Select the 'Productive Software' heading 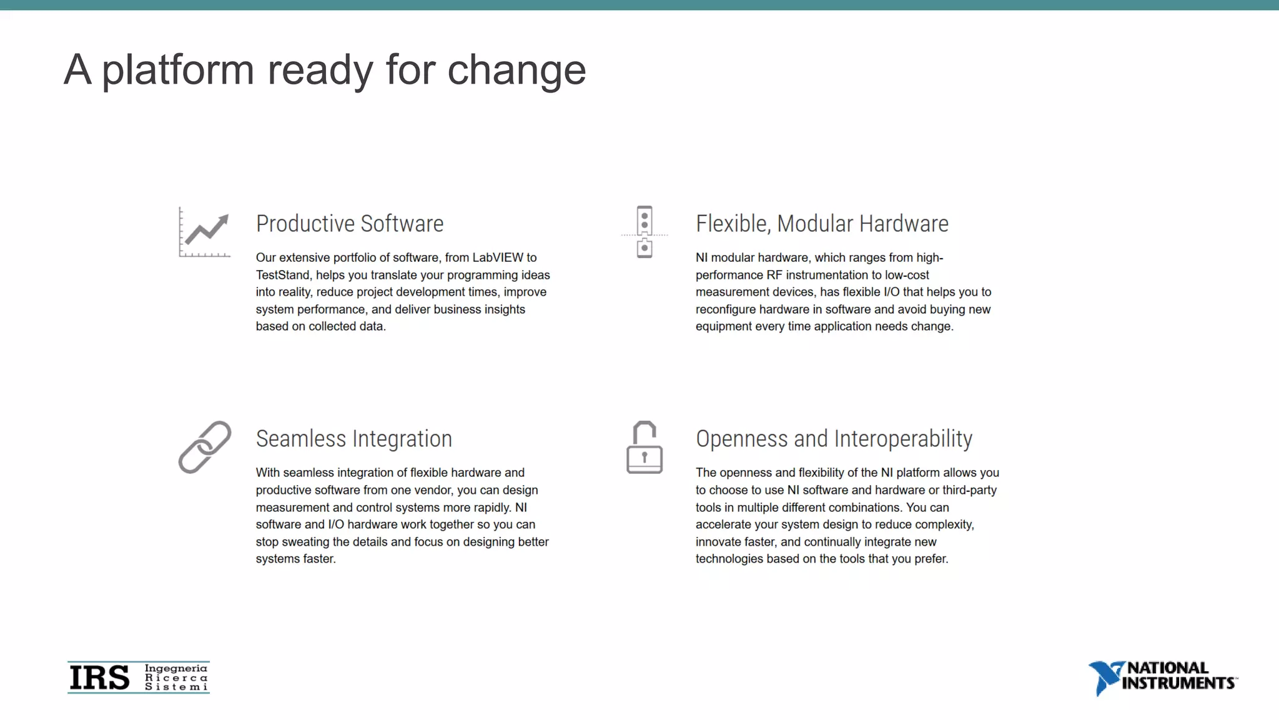pyautogui.click(x=350, y=224)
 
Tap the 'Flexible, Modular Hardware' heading pyautogui.click(x=822, y=224)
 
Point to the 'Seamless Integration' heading pyautogui.click(x=353, y=439)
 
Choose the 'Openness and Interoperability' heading pyautogui.click(x=834, y=439)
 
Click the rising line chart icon pyautogui.click(x=204, y=232)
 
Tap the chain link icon pyautogui.click(x=204, y=447)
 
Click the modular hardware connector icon pyautogui.click(x=644, y=232)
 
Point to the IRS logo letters pyautogui.click(x=100, y=677)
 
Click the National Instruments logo pyautogui.click(x=1163, y=677)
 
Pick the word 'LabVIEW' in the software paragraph pyautogui.click(x=498, y=257)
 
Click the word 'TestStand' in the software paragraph pyautogui.click(x=282, y=275)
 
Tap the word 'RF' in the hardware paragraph pyautogui.click(x=774, y=275)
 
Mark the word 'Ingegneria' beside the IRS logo pyautogui.click(x=176, y=668)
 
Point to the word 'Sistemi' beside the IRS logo pyautogui.click(x=176, y=687)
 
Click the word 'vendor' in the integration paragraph pyautogui.click(x=435, y=490)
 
